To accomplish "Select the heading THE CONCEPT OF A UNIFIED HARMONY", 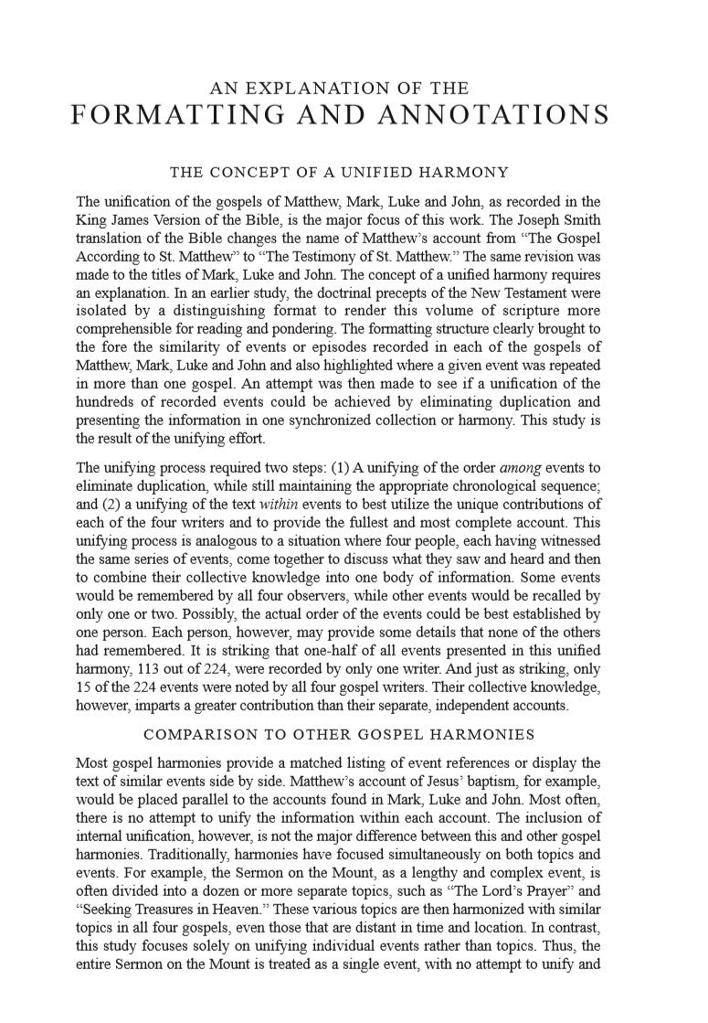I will click(339, 172).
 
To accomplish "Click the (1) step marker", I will click(322, 465).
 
